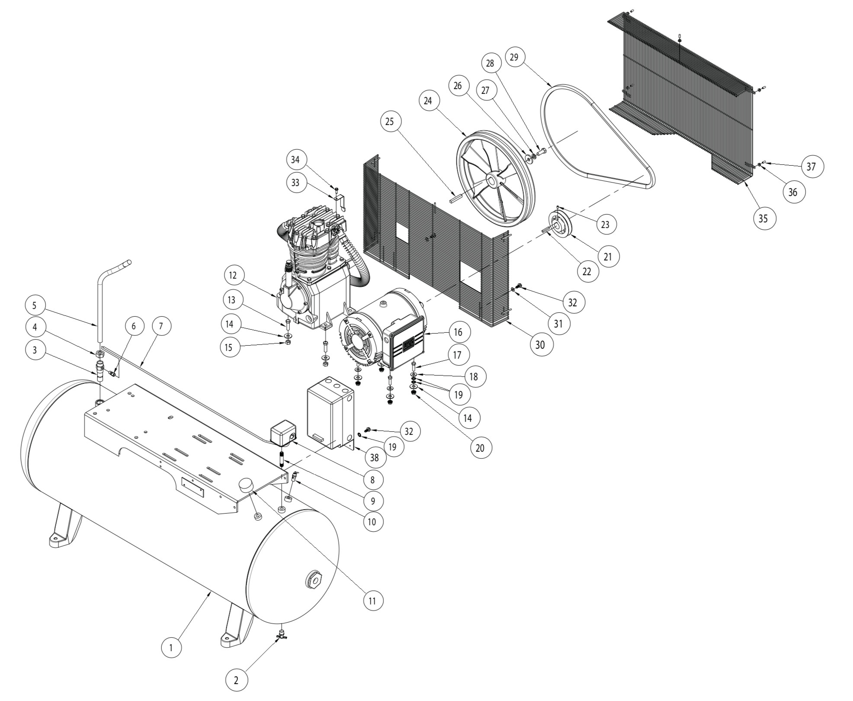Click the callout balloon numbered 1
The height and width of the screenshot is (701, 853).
(x=171, y=647)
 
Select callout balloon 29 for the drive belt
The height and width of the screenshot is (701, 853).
(x=514, y=57)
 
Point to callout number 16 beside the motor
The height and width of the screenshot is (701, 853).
(x=458, y=332)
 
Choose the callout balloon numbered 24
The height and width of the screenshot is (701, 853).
(x=428, y=100)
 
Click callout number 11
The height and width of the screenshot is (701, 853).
(x=372, y=600)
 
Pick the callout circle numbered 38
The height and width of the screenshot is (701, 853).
(x=375, y=458)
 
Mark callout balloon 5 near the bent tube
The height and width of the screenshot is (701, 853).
(x=35, y=305)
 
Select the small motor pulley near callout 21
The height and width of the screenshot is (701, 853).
(x=561, y=223)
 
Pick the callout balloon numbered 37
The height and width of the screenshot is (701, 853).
(x=811, y=166)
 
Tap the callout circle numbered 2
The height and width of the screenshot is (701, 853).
(x=236, y=680)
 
